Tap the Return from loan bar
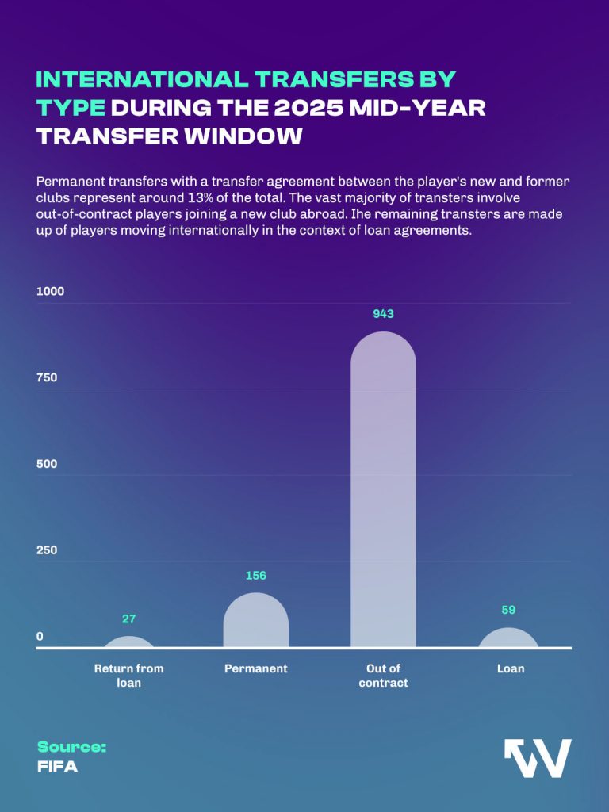[129, 642]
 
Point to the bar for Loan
[510, 638]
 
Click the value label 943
[383, 314]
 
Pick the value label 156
[255, 576]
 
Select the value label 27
[129, 619]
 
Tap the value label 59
[510, 611]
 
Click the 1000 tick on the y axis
[50, 292]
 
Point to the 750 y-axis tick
[47, 378]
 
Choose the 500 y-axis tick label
[47, 464]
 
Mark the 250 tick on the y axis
[47, 550]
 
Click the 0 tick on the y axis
[40, 636]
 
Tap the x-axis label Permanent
[255, 668]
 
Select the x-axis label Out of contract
[383, 676]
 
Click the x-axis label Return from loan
[129, 676]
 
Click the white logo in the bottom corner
[538, 758]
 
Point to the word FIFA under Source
[57, 767]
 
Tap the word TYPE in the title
[71, 108]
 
